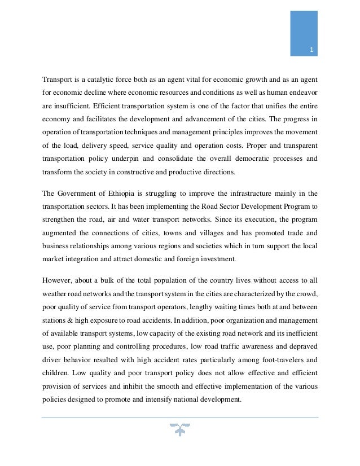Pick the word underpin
[156, 159]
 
